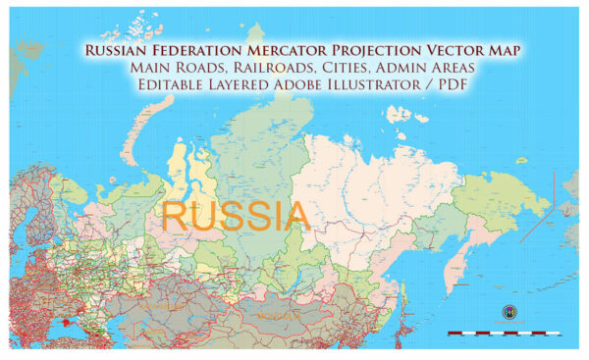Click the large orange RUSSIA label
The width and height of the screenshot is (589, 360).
pyautogui.click(x=236, y=214)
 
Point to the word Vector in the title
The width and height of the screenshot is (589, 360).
pyautogui.click(x=467, y=50)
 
